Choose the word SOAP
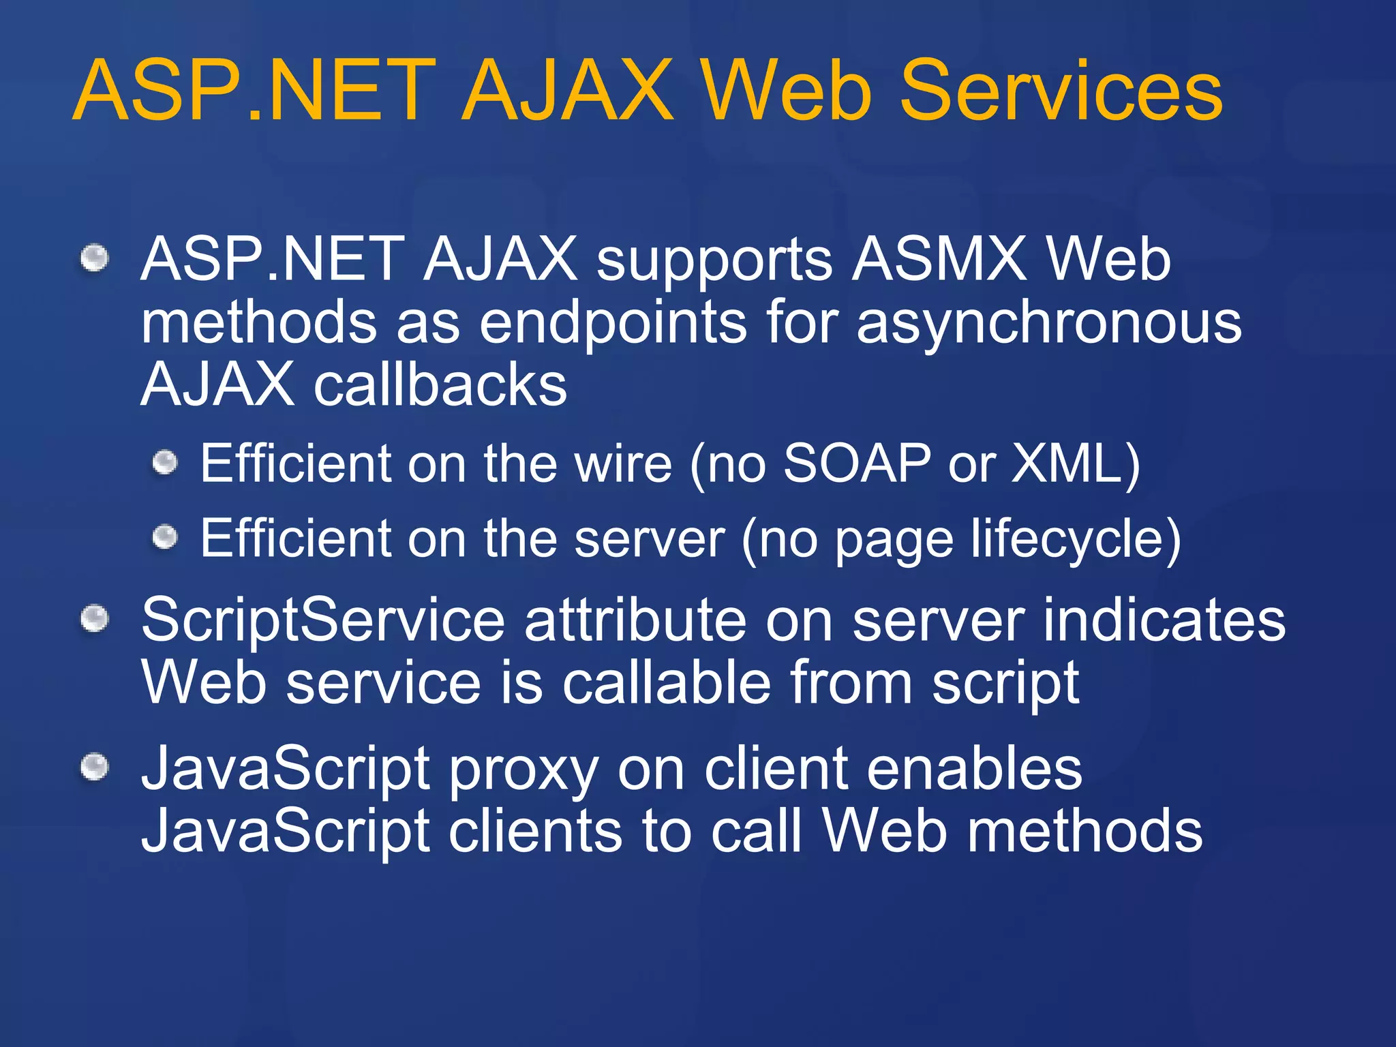(x=857, y=464)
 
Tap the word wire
(x=623, y=464)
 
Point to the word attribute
(x=635, y=620)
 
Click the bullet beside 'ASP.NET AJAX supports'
(x=95, y=258)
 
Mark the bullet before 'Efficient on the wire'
(x=164, y=464)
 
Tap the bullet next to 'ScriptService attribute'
(x=95, y=619)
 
